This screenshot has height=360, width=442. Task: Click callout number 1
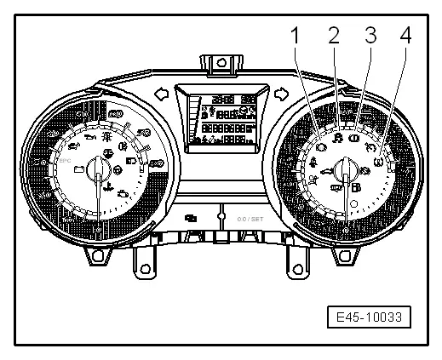pos(296,37)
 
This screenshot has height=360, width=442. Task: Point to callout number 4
pos(405,37)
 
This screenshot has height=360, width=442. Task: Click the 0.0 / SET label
pos(250,218)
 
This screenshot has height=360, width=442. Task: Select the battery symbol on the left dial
pos(80,169)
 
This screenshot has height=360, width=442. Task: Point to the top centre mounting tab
pos(218,65)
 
